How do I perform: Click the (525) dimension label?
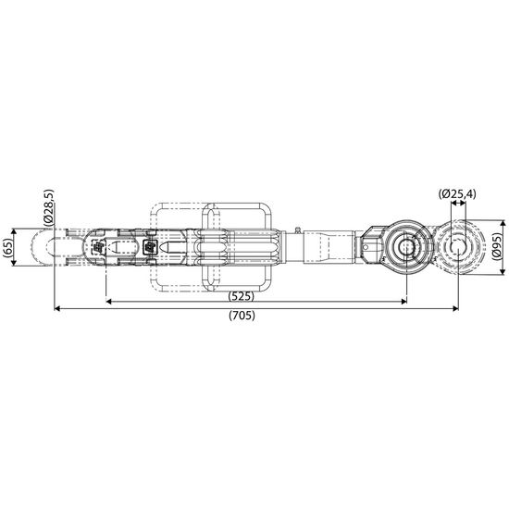tap(242, 296)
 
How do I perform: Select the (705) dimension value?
tap(242, 316)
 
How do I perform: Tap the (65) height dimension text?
tap(7, 247)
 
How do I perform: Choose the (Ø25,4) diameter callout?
tap(457, 193)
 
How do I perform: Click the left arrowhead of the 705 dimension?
tap(57, 308)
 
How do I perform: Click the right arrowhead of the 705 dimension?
tap(455, 308)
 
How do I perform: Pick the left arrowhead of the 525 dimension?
tap(109, 302)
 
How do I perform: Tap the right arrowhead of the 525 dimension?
tap(403, 302)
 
